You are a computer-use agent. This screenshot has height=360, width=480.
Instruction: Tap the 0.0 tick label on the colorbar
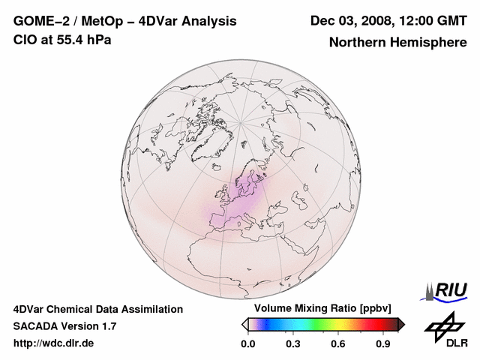click(x=247, y=344)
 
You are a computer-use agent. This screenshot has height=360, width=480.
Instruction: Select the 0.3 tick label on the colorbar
click(x=293, y=344)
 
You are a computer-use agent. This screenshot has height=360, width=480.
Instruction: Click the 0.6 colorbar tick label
click(x=339, y=344)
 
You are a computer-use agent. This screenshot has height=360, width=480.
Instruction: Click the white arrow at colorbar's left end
click(x=244, y=324)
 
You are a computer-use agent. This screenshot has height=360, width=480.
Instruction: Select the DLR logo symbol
click(x=442, y=326)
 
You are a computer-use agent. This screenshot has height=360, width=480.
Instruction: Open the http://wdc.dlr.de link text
click(x=54, y=343)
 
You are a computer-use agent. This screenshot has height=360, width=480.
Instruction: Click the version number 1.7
click(x=108, y=326)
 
